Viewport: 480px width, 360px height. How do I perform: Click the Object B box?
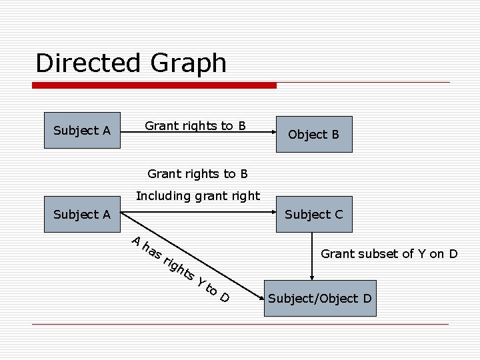click(x=313, y=134)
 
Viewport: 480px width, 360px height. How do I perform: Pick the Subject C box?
click(x=313, y=214)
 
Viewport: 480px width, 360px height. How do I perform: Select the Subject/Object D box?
click(x=319, y=298)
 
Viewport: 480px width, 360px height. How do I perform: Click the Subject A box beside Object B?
click(x=81, y=130)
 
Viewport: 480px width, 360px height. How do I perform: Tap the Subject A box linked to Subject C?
click(x=81, y=214)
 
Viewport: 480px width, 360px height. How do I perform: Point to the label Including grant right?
click(x=197, y=196)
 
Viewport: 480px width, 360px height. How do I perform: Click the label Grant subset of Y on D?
click(x=389, y=253)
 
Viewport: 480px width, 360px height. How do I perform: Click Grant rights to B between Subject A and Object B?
click(x=195, y=125)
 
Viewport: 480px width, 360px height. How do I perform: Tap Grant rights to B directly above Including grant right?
click(x=197, y=174)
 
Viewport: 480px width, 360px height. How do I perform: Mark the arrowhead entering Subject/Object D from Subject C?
click(x=311, y=277)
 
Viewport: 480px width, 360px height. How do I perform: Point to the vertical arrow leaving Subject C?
click(x=311, y=253)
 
